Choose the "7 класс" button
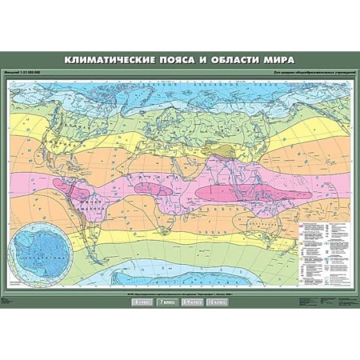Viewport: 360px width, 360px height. (167, 302)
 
